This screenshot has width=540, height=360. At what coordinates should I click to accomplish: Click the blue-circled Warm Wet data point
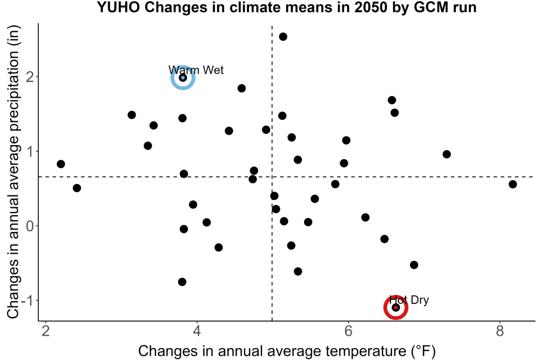(183, 78)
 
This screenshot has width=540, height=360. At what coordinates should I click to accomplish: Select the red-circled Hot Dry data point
(396, 307)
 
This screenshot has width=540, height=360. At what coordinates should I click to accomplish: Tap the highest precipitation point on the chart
(283, 37)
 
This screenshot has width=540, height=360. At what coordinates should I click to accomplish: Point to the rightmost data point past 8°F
(513, 184)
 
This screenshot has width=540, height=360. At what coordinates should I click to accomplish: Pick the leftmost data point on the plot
(61, 164)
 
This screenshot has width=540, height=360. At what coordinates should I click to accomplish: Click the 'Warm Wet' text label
(196, 70)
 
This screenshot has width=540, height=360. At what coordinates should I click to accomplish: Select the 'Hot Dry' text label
(409, 300)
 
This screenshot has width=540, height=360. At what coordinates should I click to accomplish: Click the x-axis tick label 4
(197, 331)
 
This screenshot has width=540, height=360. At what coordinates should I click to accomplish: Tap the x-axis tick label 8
(500, 331)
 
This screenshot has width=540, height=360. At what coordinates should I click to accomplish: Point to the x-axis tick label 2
(46, 331)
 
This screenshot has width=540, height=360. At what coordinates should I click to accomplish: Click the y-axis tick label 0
(30, 226)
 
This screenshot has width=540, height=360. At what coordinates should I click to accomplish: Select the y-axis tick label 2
(30, 77)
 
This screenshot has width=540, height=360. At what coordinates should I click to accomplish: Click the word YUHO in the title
(118, 7)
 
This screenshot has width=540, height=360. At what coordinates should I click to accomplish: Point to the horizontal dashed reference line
(287, 177)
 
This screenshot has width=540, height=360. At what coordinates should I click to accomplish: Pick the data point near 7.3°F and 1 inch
(447, 154)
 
